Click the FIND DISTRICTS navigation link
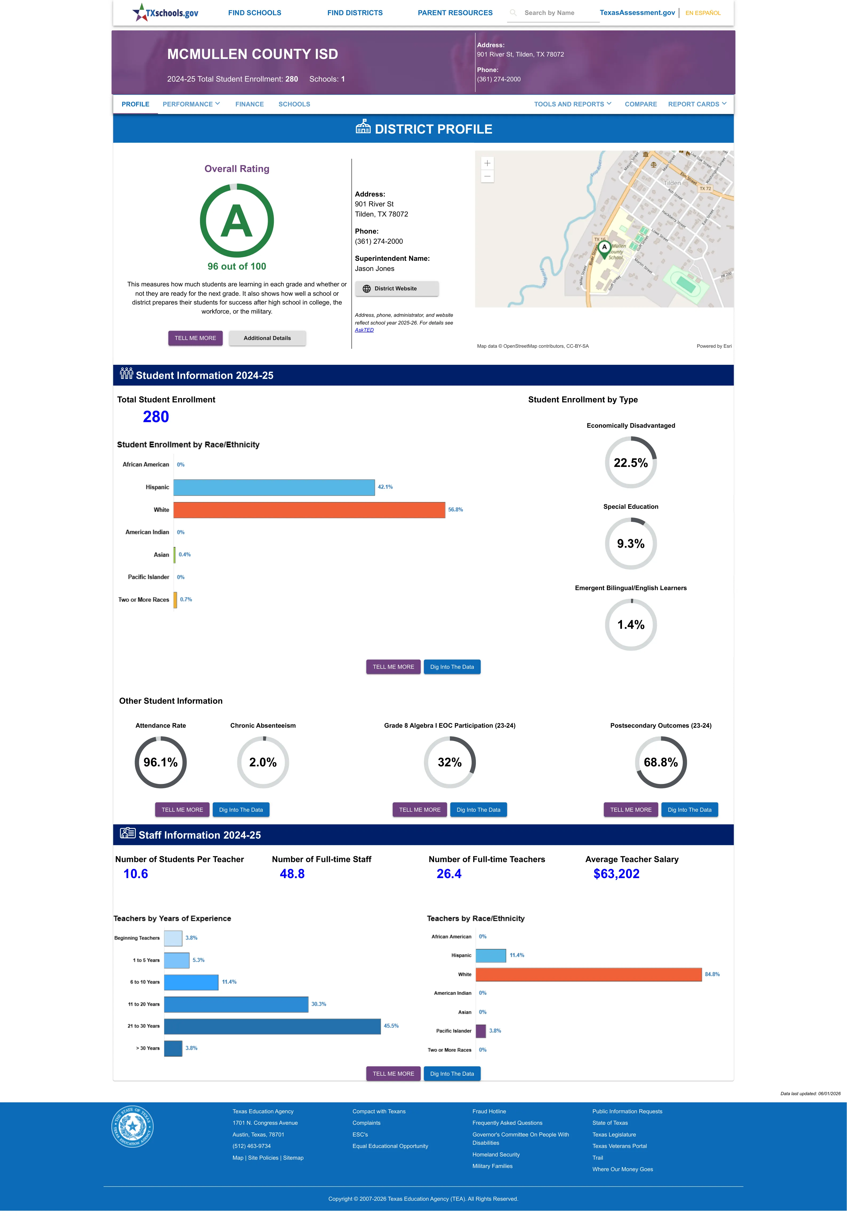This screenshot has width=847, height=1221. click(x=355, y=13)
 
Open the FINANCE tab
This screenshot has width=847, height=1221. click(x=250, y=104)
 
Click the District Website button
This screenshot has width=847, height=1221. click(x=396, y=289)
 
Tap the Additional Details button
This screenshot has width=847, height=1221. click(x=267, y=338)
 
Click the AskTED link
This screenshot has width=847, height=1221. click(x=364, y=330)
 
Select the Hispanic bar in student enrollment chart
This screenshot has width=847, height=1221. click(x=274, y=487)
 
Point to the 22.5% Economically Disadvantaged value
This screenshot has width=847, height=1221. click(x=631, y=463)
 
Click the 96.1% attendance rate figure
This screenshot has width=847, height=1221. click(x=160, y=762)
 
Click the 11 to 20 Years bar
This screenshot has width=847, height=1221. click(x=236, y=1004)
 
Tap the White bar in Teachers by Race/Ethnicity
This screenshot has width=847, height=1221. click(x=589, y=974)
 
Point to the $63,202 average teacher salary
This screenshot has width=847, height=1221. click(x=616, y=874)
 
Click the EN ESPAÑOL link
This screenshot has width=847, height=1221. click(x=703, y=13)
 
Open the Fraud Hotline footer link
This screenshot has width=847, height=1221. click(x=489, y=1111)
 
